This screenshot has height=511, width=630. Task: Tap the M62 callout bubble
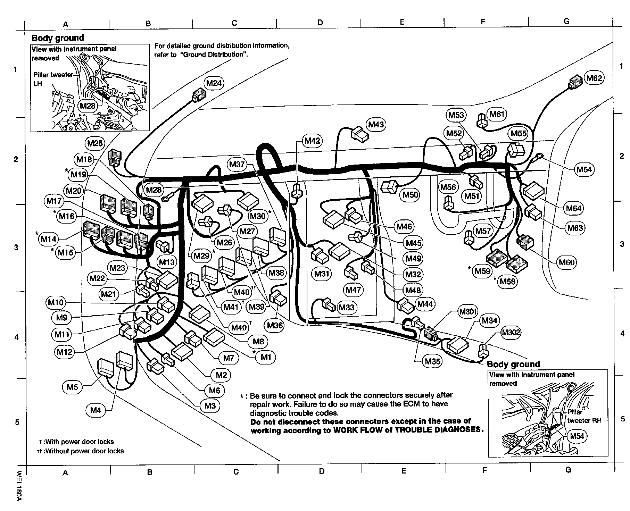tap(594, 78)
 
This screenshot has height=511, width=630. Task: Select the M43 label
tap(376, 124)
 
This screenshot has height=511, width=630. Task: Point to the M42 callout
tap(312, 141)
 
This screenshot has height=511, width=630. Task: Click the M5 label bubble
tap(72, 387)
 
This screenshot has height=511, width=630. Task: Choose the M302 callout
tap(511, 333)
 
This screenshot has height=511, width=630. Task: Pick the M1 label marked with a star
tap(266, 357)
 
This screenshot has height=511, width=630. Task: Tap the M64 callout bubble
tap(574, 208)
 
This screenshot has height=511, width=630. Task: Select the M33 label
tap(346, 307)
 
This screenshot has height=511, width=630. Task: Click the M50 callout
tap(411, 195)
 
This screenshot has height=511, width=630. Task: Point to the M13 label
tap(166, 262)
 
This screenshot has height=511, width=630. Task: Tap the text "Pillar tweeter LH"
tap(53, 79)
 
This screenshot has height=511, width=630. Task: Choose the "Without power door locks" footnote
tap(84, 451)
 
